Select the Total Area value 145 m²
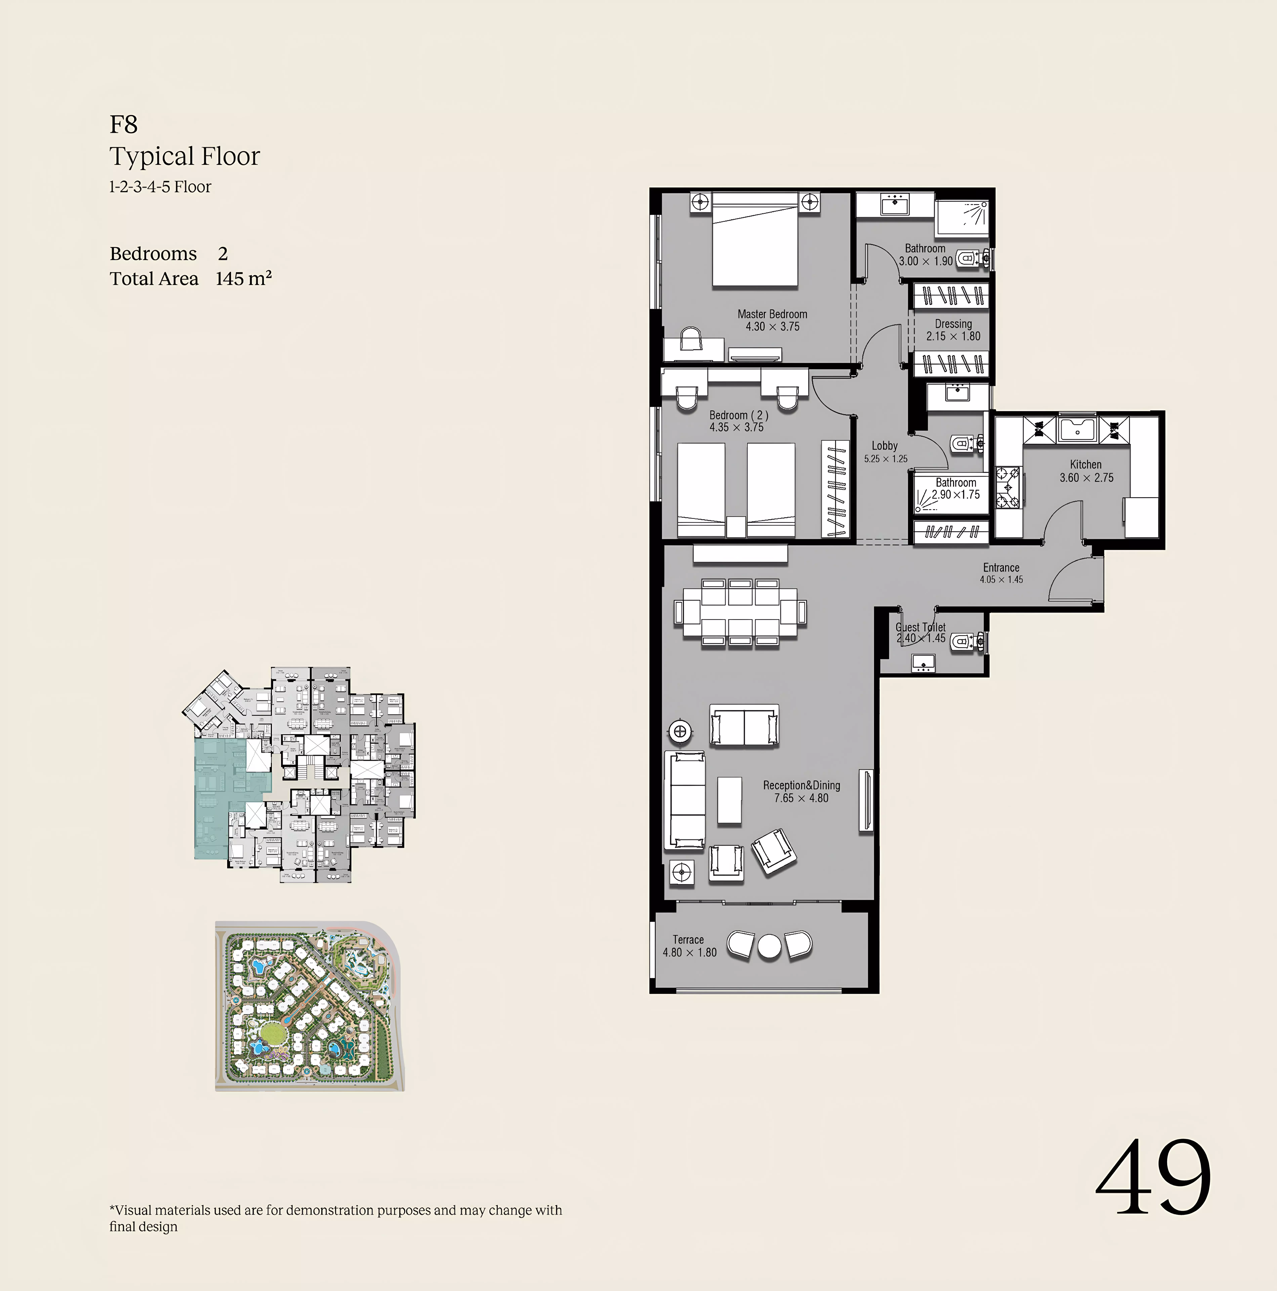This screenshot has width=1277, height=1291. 243,279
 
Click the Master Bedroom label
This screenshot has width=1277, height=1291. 772,314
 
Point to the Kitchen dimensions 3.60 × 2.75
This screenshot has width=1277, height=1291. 1086,478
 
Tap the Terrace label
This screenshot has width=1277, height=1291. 688,940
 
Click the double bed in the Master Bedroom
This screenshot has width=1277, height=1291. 755,241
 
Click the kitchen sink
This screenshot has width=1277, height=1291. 1077,429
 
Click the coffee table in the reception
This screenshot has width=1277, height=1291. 729,800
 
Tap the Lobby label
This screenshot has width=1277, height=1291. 884,446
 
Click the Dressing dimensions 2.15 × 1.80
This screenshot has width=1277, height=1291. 953,336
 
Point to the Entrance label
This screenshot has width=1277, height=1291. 1000,567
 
